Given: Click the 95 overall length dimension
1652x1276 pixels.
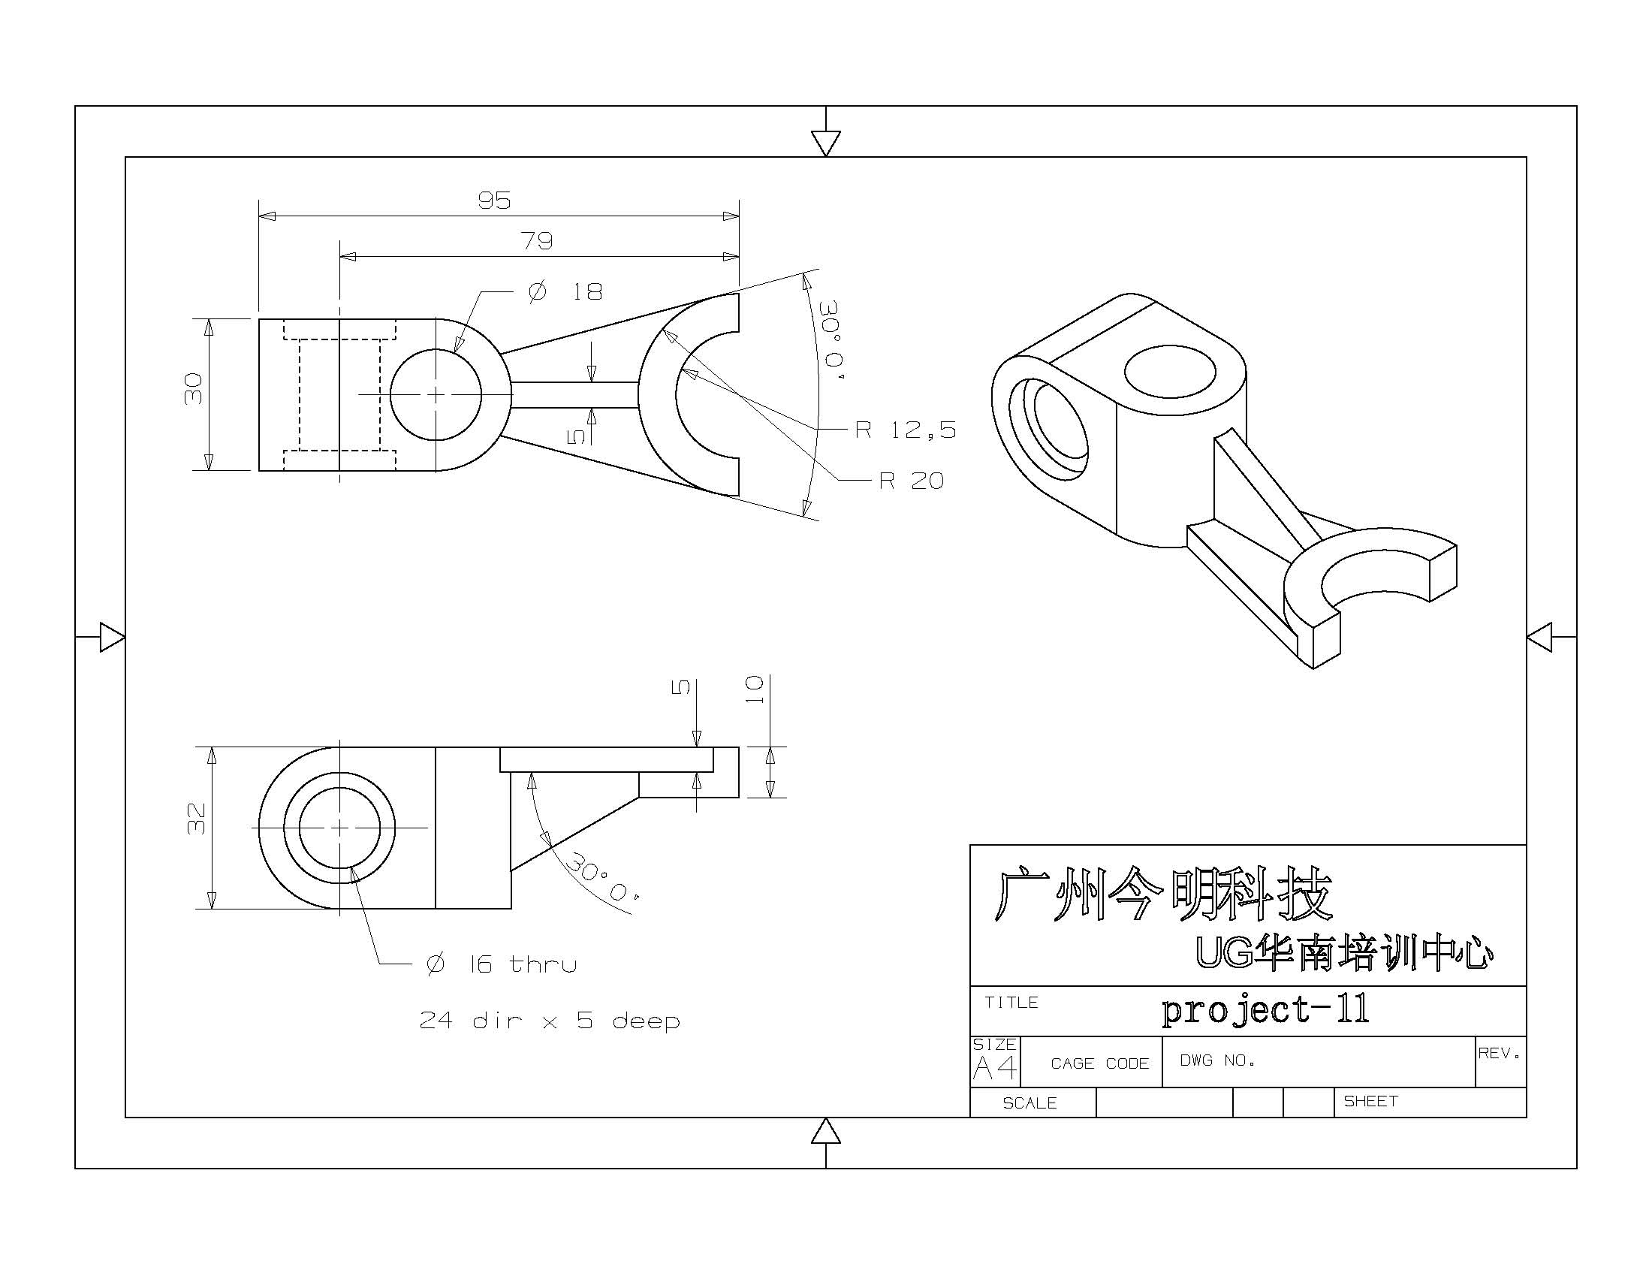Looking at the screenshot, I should coord(494,201).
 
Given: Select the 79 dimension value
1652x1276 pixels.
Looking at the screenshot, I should coord(537,241).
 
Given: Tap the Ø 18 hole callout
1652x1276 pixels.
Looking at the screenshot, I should coord(565,291).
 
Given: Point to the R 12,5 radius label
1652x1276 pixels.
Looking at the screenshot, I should coord(906,430).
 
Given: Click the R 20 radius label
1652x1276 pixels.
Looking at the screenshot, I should coord(912,481).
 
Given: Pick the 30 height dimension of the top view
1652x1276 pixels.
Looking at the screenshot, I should coord(194,389).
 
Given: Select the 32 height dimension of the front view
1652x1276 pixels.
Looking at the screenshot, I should coord(196,819).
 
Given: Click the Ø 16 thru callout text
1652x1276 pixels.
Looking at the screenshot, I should coord(502,964).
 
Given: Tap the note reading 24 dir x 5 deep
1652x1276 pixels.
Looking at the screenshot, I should coord(550,1021).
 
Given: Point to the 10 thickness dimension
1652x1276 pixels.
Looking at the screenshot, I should coord(754,689).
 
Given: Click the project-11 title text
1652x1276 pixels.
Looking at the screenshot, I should coord(1265,1009).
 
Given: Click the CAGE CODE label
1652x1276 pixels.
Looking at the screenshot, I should coord(1099,1063).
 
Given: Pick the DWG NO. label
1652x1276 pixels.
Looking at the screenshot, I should coord(1217,1060).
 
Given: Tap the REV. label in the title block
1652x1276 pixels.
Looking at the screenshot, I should coord(1500,1053).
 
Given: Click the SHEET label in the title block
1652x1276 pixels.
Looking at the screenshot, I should coord(1370,1101).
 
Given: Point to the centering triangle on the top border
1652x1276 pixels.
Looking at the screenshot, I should coord(825,142).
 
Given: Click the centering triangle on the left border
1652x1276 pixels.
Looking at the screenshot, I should coord(112,637).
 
